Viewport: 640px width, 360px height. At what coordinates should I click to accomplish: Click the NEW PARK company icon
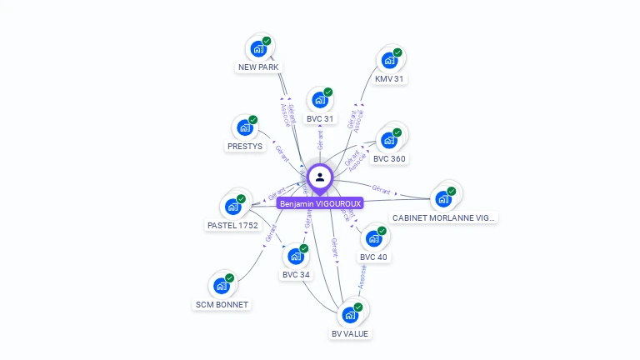[258, 48]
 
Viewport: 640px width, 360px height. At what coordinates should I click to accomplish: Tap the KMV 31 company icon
[389, 60]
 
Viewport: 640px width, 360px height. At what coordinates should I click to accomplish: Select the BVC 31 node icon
[319, 100]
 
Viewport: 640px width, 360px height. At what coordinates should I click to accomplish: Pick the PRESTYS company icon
[244, 127]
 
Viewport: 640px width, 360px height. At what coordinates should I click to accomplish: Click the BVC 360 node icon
[388, 140]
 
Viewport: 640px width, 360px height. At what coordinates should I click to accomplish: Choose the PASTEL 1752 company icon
[232, 207]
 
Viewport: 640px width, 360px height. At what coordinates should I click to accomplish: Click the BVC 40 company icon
[373, 238]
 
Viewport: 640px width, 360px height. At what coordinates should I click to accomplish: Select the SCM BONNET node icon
[221, 286]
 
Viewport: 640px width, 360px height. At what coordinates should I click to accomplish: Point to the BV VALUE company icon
[349, 315]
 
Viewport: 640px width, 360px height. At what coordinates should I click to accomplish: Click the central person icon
[320, 177]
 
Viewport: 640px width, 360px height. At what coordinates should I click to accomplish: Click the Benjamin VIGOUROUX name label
[320, 203]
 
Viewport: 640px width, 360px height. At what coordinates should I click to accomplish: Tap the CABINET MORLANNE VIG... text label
[443, 217]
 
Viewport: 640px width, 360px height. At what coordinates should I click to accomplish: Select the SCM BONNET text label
[222, 304]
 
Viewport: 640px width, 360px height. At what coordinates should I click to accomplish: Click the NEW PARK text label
[258, 67]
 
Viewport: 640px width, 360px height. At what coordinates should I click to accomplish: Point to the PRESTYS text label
[244, 146]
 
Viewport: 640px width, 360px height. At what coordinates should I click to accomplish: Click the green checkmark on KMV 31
[397, 52]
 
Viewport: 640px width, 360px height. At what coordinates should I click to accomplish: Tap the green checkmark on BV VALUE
[358, 307]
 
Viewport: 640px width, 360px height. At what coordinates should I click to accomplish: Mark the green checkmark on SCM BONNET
[230, 278]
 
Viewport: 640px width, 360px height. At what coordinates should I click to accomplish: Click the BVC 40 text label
[373, 257]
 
